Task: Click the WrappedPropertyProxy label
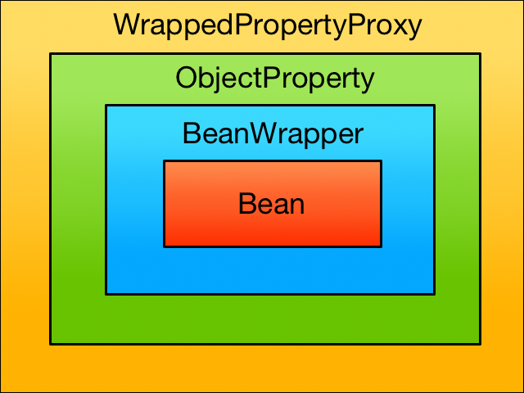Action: pyautogui.click(x=268, y=25)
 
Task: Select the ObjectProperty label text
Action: pyautogui.click(x=275, y=79)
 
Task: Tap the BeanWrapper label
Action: pyautogui.click(x=273, y=134)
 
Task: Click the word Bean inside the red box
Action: pyautogui.click(x=271, y=204)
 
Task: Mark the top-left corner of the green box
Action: pyautogui.click(x=51, y=53)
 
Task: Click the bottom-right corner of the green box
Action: pyautogui.click(x=481, y=344)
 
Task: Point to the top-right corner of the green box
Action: pyautogui.click(x=481, y=53)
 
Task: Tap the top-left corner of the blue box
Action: pyautogui.click(x=106, y=106)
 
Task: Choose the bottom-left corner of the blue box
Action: pyautogui.click(x=106, y=294)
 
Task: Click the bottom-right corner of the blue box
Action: pyautogui.click(x=435, y=294)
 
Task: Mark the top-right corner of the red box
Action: pyautogui.click(x=382, y=161)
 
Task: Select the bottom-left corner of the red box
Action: pyautogui.click(x=164, y=246)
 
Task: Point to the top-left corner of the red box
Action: pyautogui.click(x=164, y=161)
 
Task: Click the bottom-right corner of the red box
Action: pyautogui.click(x=382, y=246)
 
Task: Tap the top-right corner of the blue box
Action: pyautogui.click(x=435, y=106)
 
